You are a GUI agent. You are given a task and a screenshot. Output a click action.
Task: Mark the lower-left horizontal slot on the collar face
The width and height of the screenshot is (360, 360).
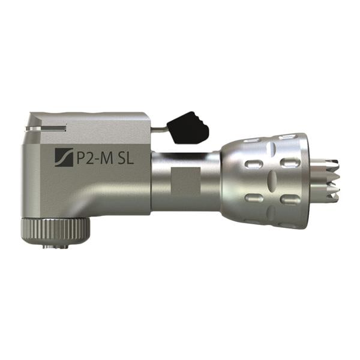[x=252, y=197]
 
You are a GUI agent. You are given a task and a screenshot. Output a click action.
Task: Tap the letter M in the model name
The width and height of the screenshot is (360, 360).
[x=109, y=159]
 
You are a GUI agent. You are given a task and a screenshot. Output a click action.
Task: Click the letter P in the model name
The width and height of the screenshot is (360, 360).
[x=79, y=159]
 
